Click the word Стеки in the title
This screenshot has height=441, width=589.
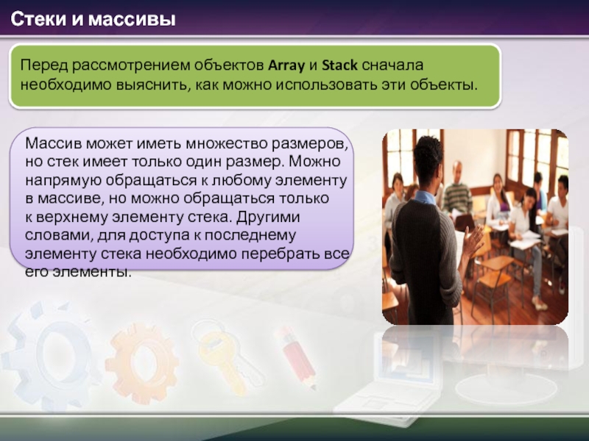[38, 20]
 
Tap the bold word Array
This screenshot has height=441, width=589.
[286, 66]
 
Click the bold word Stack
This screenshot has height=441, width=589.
[339, 65]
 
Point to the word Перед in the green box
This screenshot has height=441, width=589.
[44, 65]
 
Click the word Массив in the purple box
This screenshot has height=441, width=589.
[53, 143]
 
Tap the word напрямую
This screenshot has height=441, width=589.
[63, 181]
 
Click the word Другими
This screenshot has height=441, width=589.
[268, 217]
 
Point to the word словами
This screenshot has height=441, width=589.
[59, 236]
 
